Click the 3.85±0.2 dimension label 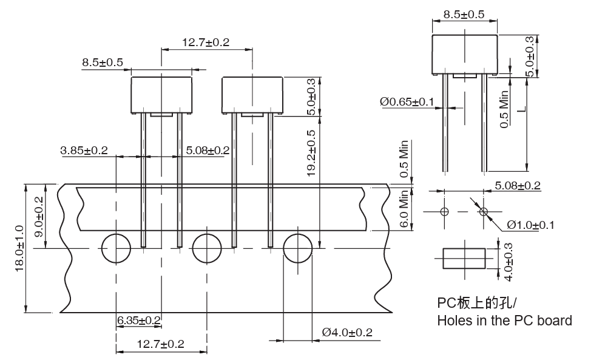pyautogui.click(x=84, y=150)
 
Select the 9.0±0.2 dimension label pyautogui.click(x=39, y=216)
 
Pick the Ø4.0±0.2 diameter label pyautogui.click(x=347, y=332)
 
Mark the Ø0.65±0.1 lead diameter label pyautogui.click(x=407, y=102)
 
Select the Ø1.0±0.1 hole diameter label pyautogui.click(x=530, y=225)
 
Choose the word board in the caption pyautogui.click(x=553, y=320)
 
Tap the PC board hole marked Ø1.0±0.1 pyautogui.click(x=484, y=211)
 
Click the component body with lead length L pyautogui.click(x=464, y=53)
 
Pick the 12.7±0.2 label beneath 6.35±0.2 pyautogui.click(x=160, y=344)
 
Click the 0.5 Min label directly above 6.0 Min pyautogui.click(x=404, y=158)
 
